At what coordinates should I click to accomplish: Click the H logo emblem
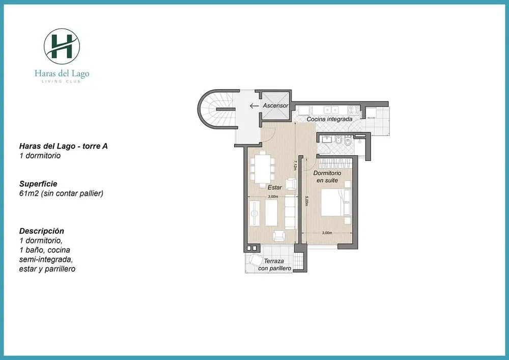point(62,46)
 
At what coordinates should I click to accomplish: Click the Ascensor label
point(275,105)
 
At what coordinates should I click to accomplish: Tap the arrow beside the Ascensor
point(254,106)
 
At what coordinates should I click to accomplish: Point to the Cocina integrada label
point(329,119)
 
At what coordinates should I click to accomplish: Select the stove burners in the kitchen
point(354,110)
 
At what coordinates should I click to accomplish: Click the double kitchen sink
point(331,110)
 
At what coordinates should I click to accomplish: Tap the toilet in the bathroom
point(347,142)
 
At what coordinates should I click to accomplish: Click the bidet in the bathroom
point(338,141)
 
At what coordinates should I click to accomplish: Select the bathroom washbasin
point(326,140)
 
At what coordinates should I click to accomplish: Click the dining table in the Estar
point(262,169)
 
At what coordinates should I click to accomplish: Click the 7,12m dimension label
point(295,165)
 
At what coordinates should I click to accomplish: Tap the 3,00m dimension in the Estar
point(273,197)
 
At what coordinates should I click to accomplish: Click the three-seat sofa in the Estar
point(291,212)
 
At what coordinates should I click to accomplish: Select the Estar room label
point(275,187)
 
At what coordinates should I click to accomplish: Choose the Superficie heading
point(38,184)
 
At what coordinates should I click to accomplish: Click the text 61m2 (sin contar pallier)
point(62,193)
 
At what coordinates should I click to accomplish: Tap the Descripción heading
point(42,231)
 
